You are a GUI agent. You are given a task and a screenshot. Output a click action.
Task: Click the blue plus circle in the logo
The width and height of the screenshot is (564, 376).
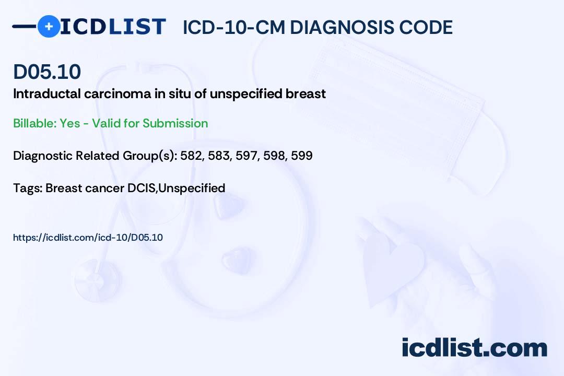click(49, 26)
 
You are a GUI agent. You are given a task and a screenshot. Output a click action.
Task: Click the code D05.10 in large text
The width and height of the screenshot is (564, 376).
click(47, 72)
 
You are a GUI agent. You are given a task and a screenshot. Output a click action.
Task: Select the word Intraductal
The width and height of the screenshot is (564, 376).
click(47, 93)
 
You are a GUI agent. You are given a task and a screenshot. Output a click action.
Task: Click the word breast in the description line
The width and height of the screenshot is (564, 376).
click(305, 93)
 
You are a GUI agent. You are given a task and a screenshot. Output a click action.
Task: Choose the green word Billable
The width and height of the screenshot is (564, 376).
click(33, 123)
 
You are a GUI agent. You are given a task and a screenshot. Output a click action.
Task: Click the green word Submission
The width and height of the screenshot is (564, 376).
click(175, 123)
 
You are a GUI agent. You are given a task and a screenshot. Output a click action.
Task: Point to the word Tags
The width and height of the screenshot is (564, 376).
click(28, 188)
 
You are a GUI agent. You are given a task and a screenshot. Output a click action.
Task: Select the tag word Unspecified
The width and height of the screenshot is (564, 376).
click(192, 188)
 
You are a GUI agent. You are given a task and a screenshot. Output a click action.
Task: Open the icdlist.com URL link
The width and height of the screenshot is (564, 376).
click(88, 238)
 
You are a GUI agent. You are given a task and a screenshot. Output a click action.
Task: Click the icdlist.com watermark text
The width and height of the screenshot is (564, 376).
click(474, 347)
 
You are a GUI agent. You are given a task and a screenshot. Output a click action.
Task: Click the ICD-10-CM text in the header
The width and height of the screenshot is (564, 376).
click(234, 27)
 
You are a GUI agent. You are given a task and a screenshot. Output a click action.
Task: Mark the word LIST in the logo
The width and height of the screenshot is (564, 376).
click(137, 27)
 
